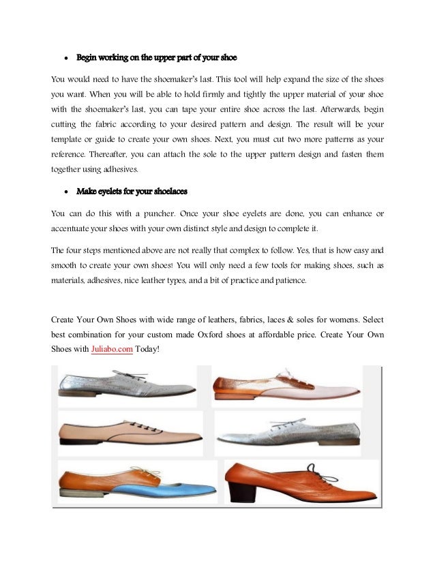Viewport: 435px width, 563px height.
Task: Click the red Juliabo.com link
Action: coord(112,349)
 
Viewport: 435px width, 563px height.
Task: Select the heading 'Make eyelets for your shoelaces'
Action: coord(132,190)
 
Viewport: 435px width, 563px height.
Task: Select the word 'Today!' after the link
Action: coord(147,349)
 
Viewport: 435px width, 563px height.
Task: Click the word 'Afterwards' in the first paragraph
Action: coord(331,109)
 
